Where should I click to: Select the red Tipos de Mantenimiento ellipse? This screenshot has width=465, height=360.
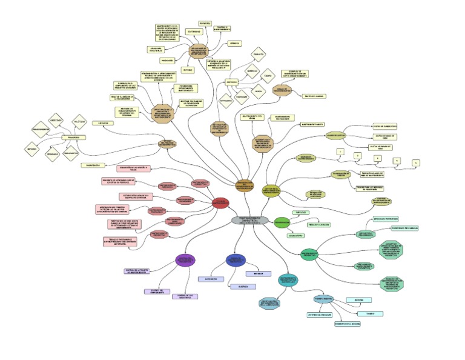[x=222, y=202]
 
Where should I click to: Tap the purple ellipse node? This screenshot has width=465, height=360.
[x=185, y=260]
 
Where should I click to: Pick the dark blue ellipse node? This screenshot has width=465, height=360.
[x=235, y=259]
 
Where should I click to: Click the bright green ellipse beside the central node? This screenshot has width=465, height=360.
[x=282, y=222]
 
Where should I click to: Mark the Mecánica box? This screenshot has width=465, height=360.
[x=259, y=273]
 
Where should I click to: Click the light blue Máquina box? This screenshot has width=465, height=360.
[x=358, y=300]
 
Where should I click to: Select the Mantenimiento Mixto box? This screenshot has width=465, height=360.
[x=314, y=124]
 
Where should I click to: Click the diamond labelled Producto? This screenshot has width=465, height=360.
[x=259, y=55]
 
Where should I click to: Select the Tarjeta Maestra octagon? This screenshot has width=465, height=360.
[x=324, y=299]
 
